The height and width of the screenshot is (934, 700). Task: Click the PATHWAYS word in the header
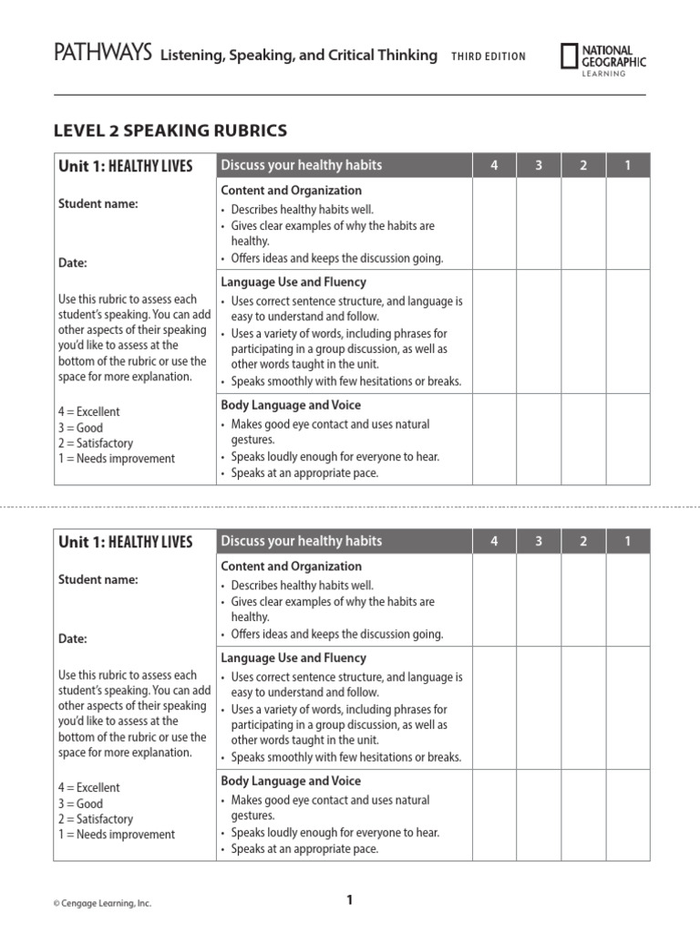[x=102, y=55]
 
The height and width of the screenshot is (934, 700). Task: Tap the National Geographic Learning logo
[x=602, y=57]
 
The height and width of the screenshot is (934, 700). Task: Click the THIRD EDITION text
[x=488, y=57]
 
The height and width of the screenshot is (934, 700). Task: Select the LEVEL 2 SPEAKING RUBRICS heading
[x=170, y=130]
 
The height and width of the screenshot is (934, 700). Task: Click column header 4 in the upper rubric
[x=494, y=165]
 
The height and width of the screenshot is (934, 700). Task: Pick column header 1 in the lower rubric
[x=627, y=541]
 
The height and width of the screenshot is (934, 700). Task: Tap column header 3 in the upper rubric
[x=539, y=165]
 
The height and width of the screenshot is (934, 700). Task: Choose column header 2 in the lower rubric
[x=583, y=541]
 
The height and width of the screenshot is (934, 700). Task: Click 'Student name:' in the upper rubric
[x=98, y=204]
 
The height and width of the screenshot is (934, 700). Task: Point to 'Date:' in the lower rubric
[x=73, y=639]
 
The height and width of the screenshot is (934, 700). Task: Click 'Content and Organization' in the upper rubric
[x=291, y=191]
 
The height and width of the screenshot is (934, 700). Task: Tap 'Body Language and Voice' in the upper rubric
[x=291, y=405]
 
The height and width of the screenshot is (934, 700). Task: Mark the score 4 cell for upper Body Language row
[x=494, y=439]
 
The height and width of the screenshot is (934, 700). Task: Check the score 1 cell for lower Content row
[x=627, y=600]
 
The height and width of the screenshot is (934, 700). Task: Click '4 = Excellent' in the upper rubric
[x=89, y=412]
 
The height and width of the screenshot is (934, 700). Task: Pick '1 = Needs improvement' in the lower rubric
[x=117, y=835]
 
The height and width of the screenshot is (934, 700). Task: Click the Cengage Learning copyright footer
[x=102, y=904]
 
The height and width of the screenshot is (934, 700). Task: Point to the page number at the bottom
[x=349, y=901]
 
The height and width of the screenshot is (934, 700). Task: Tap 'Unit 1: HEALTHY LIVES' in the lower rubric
[x=126, y=542]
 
